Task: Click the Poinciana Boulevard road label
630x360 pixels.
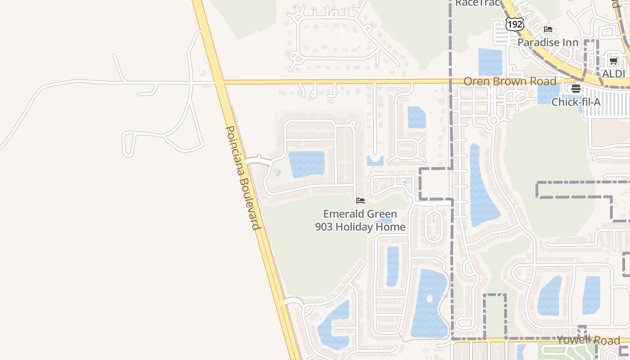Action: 243,178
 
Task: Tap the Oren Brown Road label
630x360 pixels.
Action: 510,81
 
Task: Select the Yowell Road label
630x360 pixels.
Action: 588,340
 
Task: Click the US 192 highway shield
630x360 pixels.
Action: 514,24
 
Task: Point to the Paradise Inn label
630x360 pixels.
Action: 548,42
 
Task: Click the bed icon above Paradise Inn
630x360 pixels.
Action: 548,29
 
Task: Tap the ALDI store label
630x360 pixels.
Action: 614,74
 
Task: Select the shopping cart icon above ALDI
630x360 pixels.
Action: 613,61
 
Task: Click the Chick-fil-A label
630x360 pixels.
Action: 576,102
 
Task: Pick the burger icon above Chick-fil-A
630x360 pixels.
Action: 576,88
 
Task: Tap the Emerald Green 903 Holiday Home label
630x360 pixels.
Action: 360,220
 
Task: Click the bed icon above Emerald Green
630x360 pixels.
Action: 360,201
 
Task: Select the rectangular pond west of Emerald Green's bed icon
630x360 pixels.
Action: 306,164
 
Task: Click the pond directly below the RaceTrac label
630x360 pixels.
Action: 490,62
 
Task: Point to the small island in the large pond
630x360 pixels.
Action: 429,299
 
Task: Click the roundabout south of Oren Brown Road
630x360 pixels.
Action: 494,121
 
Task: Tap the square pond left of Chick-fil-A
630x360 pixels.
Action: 548,94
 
